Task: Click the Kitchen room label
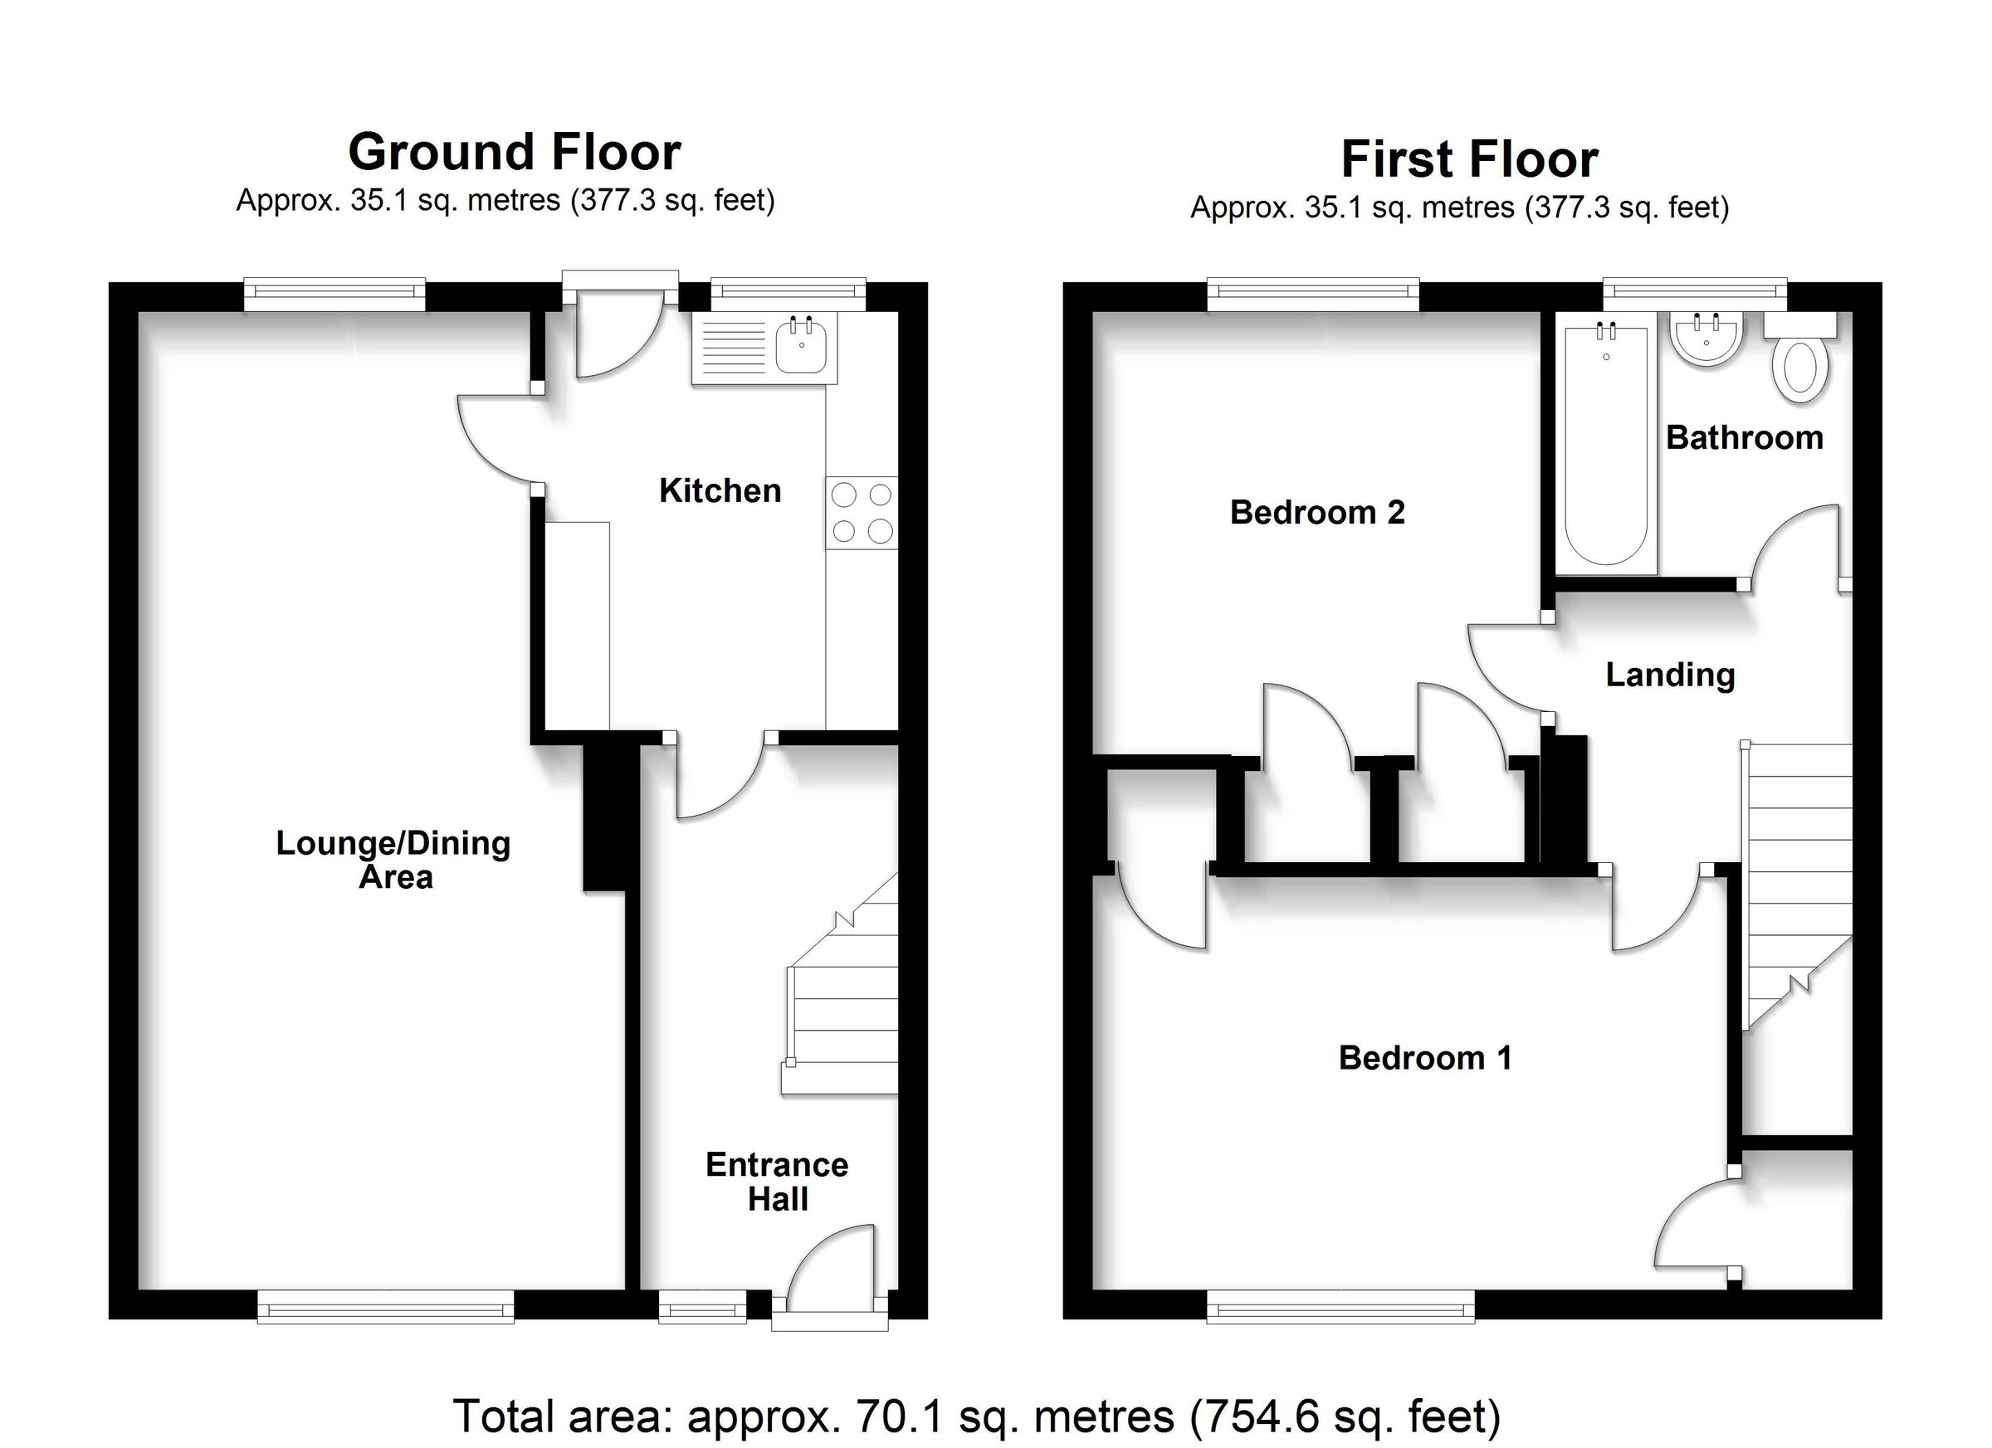tap(720, 490)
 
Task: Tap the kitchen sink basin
tap(800, 347)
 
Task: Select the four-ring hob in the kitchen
tap(861, 513)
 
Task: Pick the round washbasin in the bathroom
tap(1706, 340)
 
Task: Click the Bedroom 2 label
tap(1316, 512)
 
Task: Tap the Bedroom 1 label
tap(1424, 1057)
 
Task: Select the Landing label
tap(1670, 675)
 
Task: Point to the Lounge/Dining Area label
tap(393, 859)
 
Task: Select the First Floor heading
tap(1468, 159)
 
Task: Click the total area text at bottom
tap(976, 1416)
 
